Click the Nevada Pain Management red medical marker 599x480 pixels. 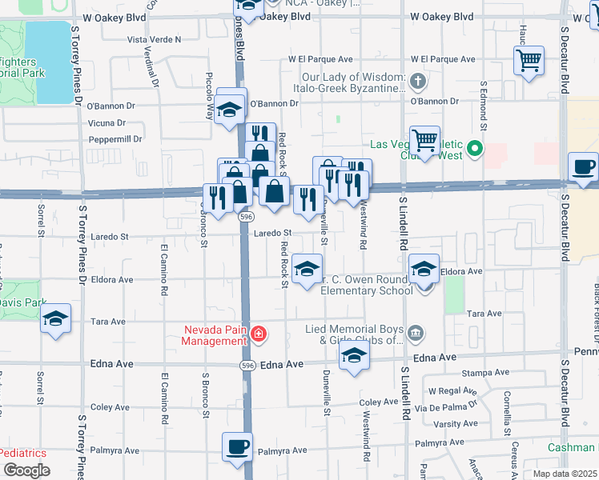click(258, 334)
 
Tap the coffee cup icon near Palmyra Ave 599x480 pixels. click(236, 446)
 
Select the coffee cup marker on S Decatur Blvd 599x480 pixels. click(583, 167)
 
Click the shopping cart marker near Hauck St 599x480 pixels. click(529, 60)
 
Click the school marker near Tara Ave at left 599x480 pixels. click(55, 318)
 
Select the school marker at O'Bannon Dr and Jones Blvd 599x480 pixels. click(231, 110)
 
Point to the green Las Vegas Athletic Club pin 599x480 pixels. click(475, 148)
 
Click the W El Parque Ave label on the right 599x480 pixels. click(444, 59)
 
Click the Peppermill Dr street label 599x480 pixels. click(115, 138)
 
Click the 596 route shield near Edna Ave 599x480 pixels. click(247, 364)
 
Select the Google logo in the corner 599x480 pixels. click(26, 470)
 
